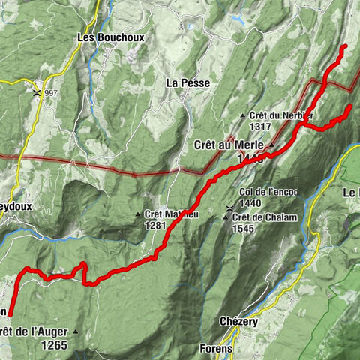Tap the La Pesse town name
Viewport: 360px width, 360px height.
point(187,82)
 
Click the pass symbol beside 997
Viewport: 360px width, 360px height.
point(37,93)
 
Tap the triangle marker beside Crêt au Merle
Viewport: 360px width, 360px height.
point(273,144)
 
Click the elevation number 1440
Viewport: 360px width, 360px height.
point(250,204)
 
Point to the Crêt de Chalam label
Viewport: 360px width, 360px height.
point(265,217)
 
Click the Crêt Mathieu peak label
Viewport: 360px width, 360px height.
point(171,214)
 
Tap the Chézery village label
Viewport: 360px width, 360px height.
point(239,321)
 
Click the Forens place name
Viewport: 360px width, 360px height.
point(216,349)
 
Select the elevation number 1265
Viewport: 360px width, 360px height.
point(55,346)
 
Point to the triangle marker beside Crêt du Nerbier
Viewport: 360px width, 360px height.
point(243,115)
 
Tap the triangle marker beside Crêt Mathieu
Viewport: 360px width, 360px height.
point(138,215)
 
